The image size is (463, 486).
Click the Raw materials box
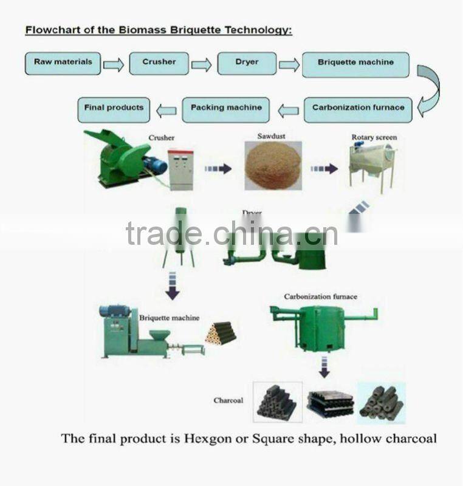tap(63, 63)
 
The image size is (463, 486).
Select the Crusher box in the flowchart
tap(159, 63)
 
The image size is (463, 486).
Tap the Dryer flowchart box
tap(246, 63)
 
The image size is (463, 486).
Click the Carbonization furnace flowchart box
tap(358, 109)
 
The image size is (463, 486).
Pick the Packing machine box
tap(226, 109)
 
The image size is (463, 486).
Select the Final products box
tap(114, 109)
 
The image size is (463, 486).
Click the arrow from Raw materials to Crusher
tap(114, 64)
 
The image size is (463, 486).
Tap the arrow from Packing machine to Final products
tap(166, 111)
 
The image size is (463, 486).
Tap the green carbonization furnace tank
tap(321, 328)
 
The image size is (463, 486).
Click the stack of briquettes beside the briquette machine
tap(221, 333)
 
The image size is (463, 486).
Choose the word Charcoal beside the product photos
tap(228, 400)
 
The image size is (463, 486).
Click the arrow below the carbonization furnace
tap(325, 366)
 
